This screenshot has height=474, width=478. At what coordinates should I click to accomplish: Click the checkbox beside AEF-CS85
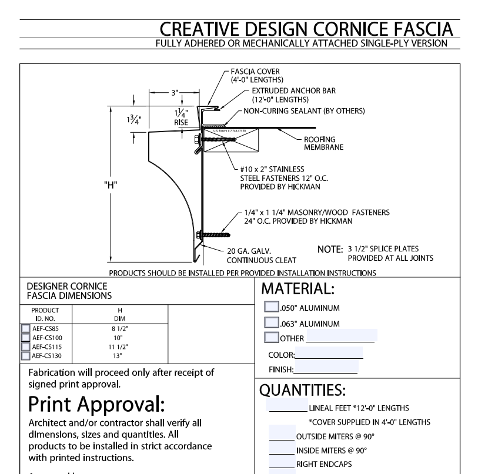point(25,329)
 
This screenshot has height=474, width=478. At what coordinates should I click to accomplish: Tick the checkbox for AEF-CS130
point(25,355)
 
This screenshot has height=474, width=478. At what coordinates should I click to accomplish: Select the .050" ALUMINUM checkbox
point(272,307)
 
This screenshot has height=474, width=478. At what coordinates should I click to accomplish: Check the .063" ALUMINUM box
point(272,322)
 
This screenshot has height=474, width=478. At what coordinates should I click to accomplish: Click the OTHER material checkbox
point(272,337)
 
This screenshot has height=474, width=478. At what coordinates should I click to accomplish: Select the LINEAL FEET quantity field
point(286,406)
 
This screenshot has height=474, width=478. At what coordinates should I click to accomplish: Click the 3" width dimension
point(173,92)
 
